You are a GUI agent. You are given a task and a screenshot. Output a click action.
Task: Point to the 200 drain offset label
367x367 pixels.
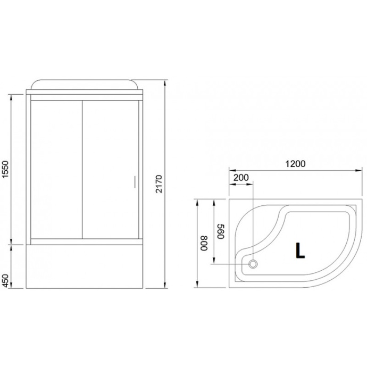pyautogui.click(x=241, y=178)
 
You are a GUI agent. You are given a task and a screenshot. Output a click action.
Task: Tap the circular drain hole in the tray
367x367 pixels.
pyautogui.click(x=253, y=263)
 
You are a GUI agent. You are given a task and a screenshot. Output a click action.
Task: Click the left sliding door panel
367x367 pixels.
pyautogui.click(x=56, y=170)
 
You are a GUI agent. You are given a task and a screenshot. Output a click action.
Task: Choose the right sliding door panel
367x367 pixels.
pyautogui.click(x=110, y=170)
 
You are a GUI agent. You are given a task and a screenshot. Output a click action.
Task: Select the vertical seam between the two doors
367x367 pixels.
pyautogui.click(x=82, y=170)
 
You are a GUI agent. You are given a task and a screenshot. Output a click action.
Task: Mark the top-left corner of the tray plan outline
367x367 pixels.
pyautogui.click(x=229, y=200)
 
